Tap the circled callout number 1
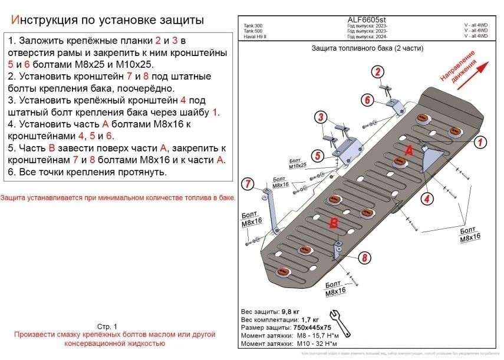coord(480,141)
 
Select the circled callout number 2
coord(375,72)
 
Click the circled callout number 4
coord(426,198)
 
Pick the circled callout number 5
coord(317,156)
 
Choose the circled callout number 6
coord(367,100)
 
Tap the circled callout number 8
coord(365,257)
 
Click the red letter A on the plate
coord(407,151)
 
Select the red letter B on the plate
coord(333,223)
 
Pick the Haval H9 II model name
coord(254,37)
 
